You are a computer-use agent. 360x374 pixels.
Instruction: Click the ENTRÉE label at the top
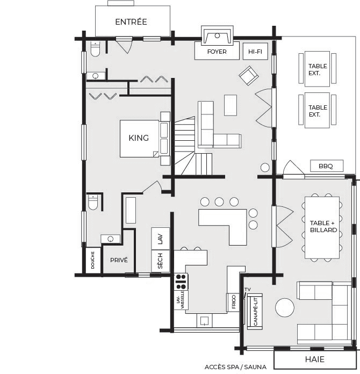click(x=131, y=21)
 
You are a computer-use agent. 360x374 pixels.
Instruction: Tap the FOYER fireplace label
click(x=217, y=52)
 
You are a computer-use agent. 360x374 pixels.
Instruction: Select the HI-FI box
click(x=255, y=51)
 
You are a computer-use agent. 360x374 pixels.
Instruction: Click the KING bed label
click(x=139, y=138)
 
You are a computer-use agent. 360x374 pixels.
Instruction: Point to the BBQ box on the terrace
click(x=327, y=166)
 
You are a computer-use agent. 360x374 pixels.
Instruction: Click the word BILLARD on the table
click(x=323, y=230)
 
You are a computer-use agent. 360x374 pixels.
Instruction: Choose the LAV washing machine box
click(x=160, y=239)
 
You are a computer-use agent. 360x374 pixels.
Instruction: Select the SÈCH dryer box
click(x=160, y=261)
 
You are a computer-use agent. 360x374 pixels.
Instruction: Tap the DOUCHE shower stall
click(x=92, y=260)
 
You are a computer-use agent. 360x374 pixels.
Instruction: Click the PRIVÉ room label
click(x=119, y=260)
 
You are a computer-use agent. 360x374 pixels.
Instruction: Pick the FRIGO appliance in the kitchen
click(x=233, y=302)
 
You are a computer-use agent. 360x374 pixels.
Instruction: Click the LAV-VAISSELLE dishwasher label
click(x=181, y=300)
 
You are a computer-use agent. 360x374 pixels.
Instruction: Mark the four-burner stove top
click(x=181, y=282)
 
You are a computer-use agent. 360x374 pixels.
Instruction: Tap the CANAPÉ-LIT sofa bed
click(x=255, y=312)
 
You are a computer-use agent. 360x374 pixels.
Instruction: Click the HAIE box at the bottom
click(x=315, y=359)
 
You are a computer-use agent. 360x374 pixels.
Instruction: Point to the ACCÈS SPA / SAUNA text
click(x=235, y=367)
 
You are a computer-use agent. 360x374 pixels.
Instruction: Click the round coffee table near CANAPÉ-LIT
click(x=285, y=308)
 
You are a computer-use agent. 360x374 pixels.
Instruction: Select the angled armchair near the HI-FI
click(x=249, y=76)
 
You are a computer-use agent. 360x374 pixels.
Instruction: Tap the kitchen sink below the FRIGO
click(x=204, y=321)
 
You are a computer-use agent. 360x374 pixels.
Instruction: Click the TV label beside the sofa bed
click(x=248, y=290)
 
